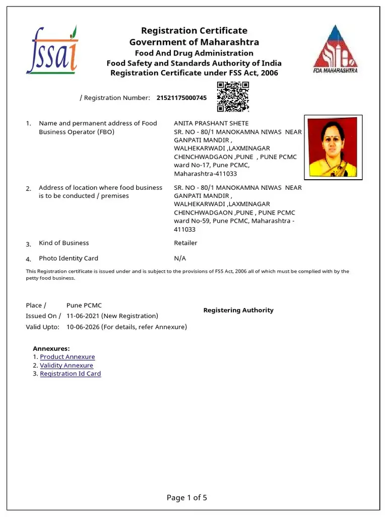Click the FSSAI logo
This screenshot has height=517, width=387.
[x=52, y=49]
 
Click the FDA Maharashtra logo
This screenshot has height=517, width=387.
[x=335, y=49]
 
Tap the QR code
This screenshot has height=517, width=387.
[x=232, y=97]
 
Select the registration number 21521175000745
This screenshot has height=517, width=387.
[x=181, y=98]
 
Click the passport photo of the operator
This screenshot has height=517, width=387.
[x=333, y=146]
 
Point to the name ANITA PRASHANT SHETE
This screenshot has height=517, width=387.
[x=211, y=123]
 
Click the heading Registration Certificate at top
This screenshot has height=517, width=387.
[x=194, y=31]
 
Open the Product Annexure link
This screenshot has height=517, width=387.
[x=68, y=357]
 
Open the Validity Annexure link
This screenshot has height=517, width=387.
[x=67, y=366]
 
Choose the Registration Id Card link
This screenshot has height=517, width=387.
[x=71, y=374]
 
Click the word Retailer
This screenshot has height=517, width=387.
[x=185, y=243]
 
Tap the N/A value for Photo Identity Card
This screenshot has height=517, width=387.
[x=180, y=258]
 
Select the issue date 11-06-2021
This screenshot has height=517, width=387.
[x=83, y=316]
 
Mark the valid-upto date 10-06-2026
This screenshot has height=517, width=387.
[x=83, y=327]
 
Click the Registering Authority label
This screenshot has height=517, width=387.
[x=238, y=311]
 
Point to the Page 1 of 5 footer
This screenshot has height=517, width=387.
[x=187, y=498]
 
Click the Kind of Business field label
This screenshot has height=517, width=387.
[x=64, y=243]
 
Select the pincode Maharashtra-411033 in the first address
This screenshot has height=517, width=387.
[x=205, y=174]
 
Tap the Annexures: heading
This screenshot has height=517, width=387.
[x=51, y=348]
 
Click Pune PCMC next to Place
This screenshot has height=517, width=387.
[x=84, y=305]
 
